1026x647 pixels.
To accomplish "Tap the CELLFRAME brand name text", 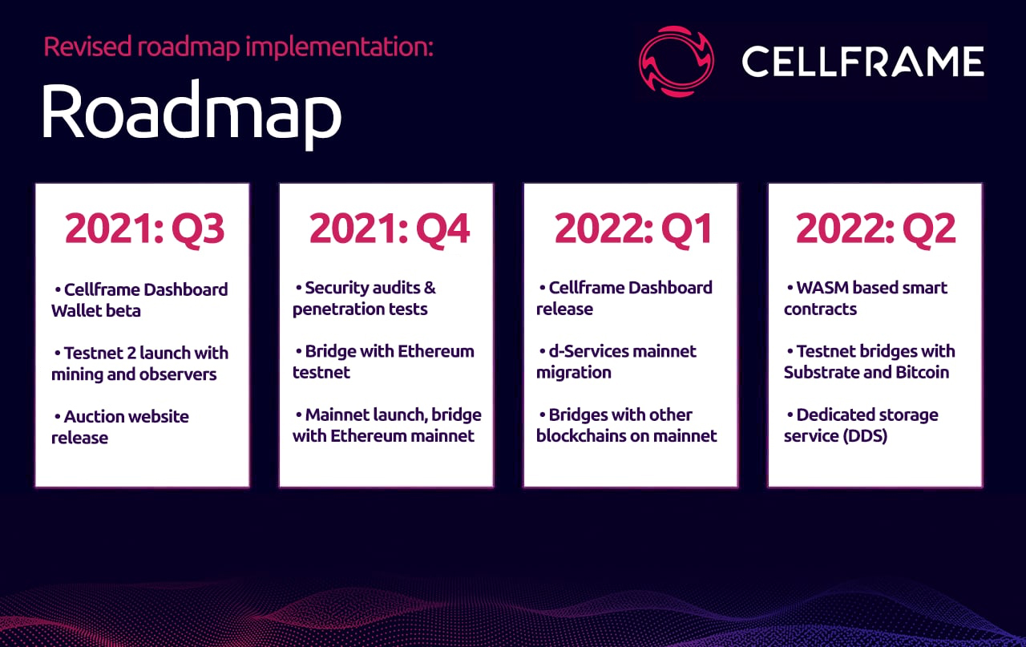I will pos(862,62).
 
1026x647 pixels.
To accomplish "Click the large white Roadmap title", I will pos(191,114).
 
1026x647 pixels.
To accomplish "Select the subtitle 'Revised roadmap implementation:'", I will pos(238,47).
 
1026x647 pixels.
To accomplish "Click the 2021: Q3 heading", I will pos(144,229).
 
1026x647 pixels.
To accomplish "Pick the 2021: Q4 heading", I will pos(389,229).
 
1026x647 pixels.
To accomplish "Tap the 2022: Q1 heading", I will pos(633,229).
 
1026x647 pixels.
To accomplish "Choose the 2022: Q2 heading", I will pos(875,229).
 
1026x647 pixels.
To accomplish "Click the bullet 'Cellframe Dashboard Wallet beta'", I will pos(139,300).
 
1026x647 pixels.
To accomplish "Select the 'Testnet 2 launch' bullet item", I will pos(139,363).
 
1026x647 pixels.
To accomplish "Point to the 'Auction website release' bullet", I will pos(120,427).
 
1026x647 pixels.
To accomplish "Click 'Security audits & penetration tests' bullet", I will pos(365,298).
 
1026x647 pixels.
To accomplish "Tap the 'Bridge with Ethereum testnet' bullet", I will pos(383,362).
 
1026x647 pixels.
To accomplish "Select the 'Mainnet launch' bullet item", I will pos(386,425).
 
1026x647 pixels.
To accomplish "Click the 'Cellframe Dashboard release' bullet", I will pos(624,298).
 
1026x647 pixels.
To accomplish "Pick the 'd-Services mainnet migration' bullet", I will pos(616,362).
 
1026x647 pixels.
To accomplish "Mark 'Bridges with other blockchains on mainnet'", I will pos(626,425).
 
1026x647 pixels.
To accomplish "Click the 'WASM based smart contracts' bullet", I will pos(866,298).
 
